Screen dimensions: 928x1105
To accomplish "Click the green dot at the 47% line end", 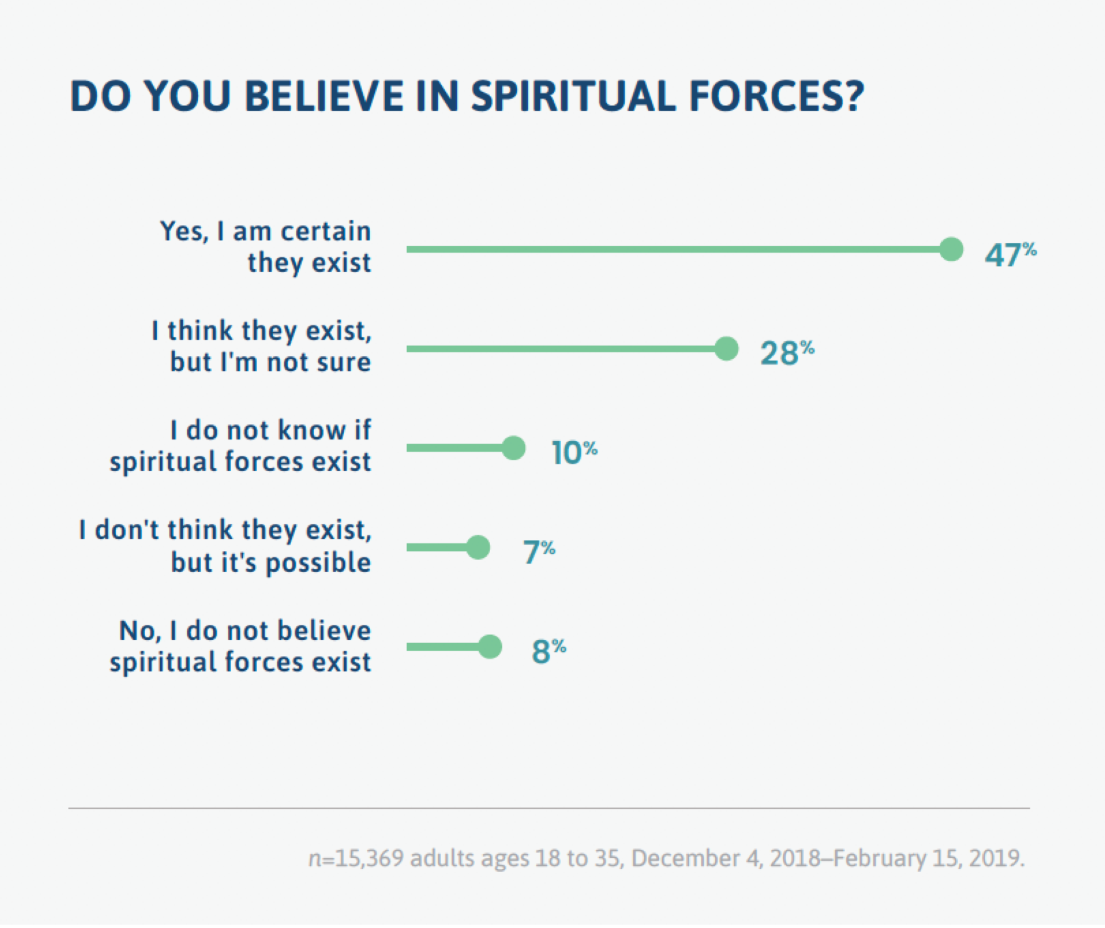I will tap(951, 249).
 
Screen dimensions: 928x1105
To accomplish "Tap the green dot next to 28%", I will tap(726, 349).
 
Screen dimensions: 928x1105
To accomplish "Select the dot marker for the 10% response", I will tap(513, 448).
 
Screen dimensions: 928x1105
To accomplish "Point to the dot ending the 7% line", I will tap(478, 547).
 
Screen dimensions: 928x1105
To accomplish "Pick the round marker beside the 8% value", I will tap(490, 646).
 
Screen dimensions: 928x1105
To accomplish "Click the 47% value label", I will tap(1009, 254).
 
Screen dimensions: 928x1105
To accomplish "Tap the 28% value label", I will tap(786, 353).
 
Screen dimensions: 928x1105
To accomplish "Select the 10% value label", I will tap(573, 452).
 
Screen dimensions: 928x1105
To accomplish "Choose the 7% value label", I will tap(538, 552).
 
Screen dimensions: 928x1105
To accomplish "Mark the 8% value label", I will tap(548, 651).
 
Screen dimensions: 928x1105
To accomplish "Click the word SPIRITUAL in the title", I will tap(573, 96).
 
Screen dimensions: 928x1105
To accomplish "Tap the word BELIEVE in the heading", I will tap(324, 96).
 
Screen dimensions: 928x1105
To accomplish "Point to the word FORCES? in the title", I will tap(776, 96).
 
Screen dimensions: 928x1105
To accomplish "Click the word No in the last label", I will tap(137, 631).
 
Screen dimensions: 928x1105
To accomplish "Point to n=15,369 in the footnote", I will tap(355, 859).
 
